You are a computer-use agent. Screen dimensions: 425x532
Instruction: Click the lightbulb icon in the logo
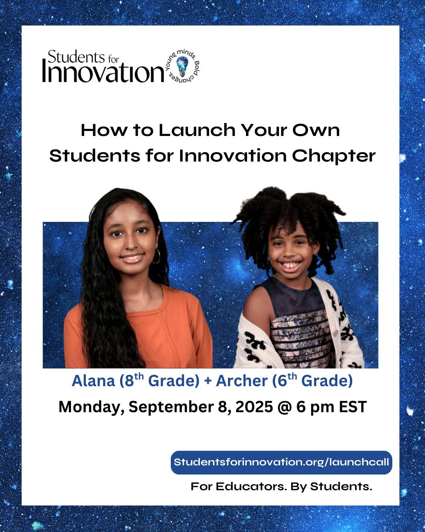(182, 66)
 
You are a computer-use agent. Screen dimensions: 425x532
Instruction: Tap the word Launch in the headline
(197, 130)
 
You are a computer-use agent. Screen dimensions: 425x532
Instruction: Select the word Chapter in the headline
(334, 156)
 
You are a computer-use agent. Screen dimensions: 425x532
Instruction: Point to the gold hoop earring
(156, 257)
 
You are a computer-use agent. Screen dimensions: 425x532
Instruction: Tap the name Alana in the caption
(93, 381)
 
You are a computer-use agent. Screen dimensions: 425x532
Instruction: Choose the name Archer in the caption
(242, 381)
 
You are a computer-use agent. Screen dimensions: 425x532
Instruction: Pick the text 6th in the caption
(287, 380)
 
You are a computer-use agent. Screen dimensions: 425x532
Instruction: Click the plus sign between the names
(208, 381)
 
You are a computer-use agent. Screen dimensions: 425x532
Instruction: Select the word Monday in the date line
(91, 407)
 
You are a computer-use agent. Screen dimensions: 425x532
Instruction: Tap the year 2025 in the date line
(254, 407)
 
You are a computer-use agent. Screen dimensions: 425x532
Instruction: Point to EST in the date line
(353, 407)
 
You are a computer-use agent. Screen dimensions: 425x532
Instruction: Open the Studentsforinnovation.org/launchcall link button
(281, 462)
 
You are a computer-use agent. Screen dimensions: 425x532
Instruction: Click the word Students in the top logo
(76, 57)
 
